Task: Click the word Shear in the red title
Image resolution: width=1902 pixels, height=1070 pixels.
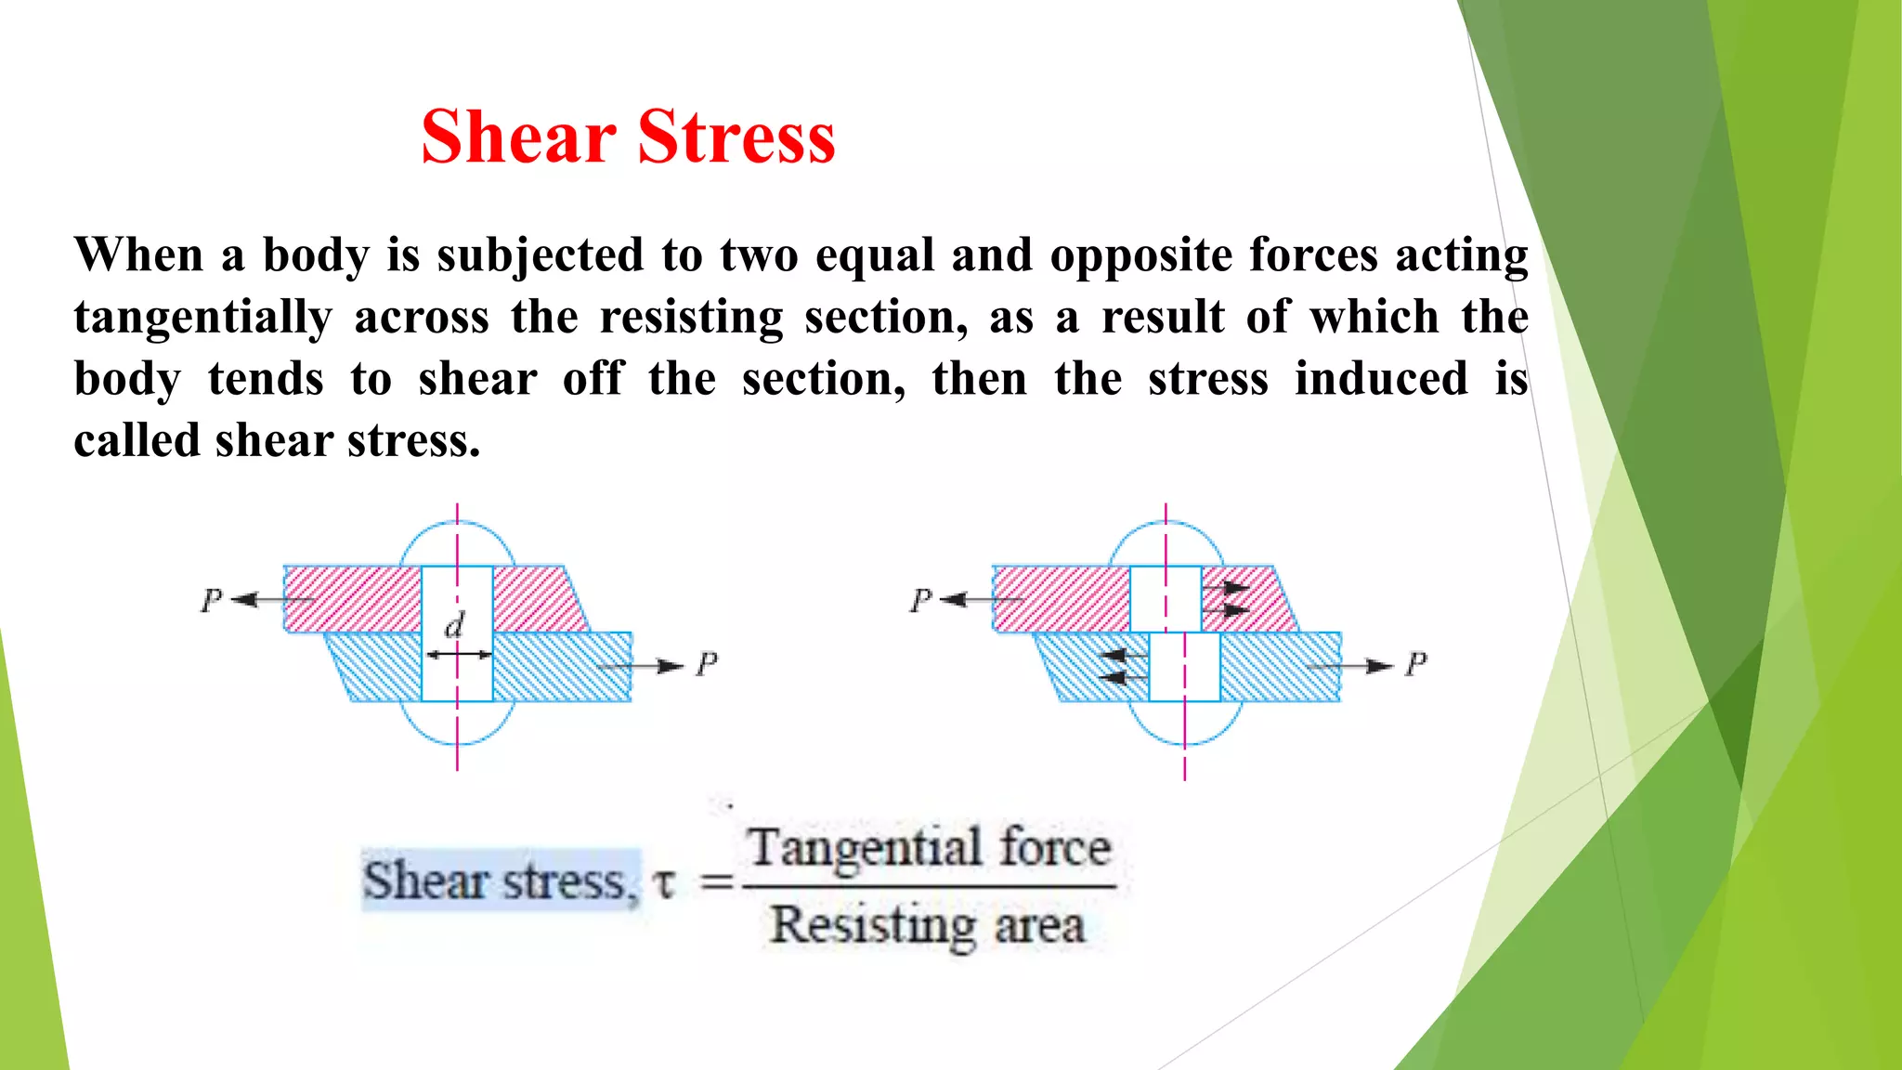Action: [x=518, y=137]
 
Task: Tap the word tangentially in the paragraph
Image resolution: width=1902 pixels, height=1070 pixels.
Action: [x=202, y=318]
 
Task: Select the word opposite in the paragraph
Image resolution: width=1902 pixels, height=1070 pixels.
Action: [x=1140, y=255]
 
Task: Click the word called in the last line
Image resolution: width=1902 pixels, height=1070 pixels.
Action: [x=137, y=440]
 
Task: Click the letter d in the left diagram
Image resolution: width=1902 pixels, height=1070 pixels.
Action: [x=454, y=625]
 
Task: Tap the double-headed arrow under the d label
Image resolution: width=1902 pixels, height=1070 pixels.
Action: [x=458, y=655]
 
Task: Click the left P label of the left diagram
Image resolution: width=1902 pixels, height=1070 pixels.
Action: [x=212, y=600]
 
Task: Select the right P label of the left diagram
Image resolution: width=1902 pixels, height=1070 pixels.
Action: [x=707, y=664]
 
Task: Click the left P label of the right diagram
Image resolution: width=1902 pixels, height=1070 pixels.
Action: [x=920, y=600]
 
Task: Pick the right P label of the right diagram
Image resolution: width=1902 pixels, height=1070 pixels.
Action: [x=1415, y=664]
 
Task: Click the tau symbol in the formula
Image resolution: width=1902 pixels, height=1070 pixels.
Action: [x=663, y=881]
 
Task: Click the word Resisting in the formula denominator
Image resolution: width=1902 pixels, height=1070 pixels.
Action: [x=872, y=925]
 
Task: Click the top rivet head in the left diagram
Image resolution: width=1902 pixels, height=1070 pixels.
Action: [x=457, y=544]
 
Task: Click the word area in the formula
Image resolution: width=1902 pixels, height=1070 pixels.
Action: [x=1039, y=925]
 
